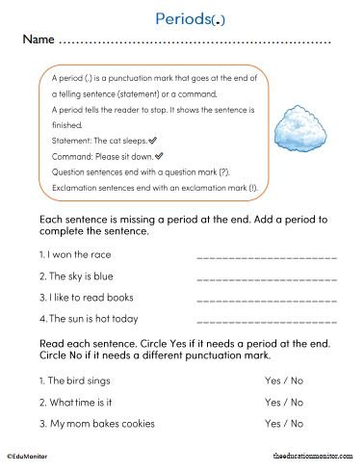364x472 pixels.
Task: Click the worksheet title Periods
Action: (181, 18)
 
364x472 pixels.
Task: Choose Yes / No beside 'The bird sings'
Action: (284, 380)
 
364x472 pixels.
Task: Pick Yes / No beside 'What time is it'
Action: (284, 402)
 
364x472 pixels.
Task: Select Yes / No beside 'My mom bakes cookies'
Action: (284, 423)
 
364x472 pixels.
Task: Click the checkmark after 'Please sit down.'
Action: (159, 154)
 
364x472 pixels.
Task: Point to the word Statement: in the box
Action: (71, 140)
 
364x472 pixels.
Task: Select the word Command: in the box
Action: (70, 155)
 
